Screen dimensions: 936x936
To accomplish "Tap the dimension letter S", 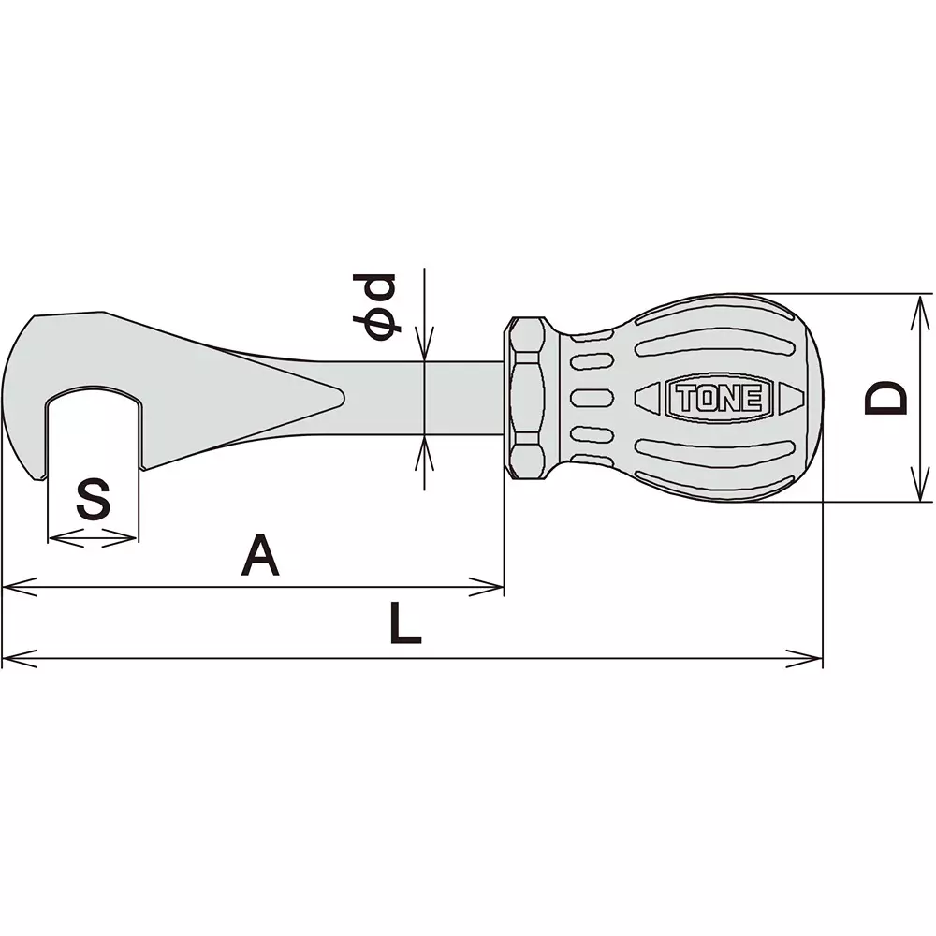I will (x=93, y=500).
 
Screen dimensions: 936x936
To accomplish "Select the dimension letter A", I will (x=260, y=556).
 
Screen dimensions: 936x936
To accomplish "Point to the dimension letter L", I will (x=404, y=623).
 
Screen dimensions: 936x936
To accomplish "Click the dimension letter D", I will (x=885, y=397).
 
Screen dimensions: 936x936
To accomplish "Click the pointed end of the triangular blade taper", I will (x=341, y=397).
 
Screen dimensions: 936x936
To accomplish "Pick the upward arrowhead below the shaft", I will (x=425, y=447).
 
